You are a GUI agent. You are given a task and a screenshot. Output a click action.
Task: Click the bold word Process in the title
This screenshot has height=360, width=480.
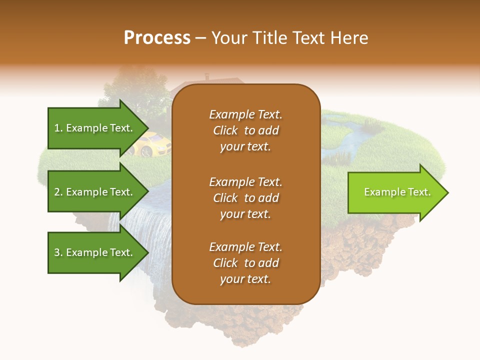[x=157, y=37]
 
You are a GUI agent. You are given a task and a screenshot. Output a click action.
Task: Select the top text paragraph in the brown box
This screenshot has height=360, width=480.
[x=245, y=130]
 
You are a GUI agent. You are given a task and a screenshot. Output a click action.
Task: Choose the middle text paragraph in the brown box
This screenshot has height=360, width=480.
[x=245, y=198]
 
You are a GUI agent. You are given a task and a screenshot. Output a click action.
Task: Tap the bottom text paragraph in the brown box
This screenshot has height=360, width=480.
[x=245, y=263]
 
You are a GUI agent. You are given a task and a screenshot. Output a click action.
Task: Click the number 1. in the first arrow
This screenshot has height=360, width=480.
[x=58, y=128]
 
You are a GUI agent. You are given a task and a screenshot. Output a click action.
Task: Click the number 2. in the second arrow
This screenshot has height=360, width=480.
[x=58, y=192]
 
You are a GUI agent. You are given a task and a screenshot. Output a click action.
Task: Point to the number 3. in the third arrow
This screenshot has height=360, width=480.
[x=58, y=252]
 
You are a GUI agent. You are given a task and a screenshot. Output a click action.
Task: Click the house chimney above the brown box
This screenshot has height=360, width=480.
[x=206, y=77]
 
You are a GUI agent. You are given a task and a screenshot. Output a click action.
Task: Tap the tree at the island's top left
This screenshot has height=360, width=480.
[x=135, y=92]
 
